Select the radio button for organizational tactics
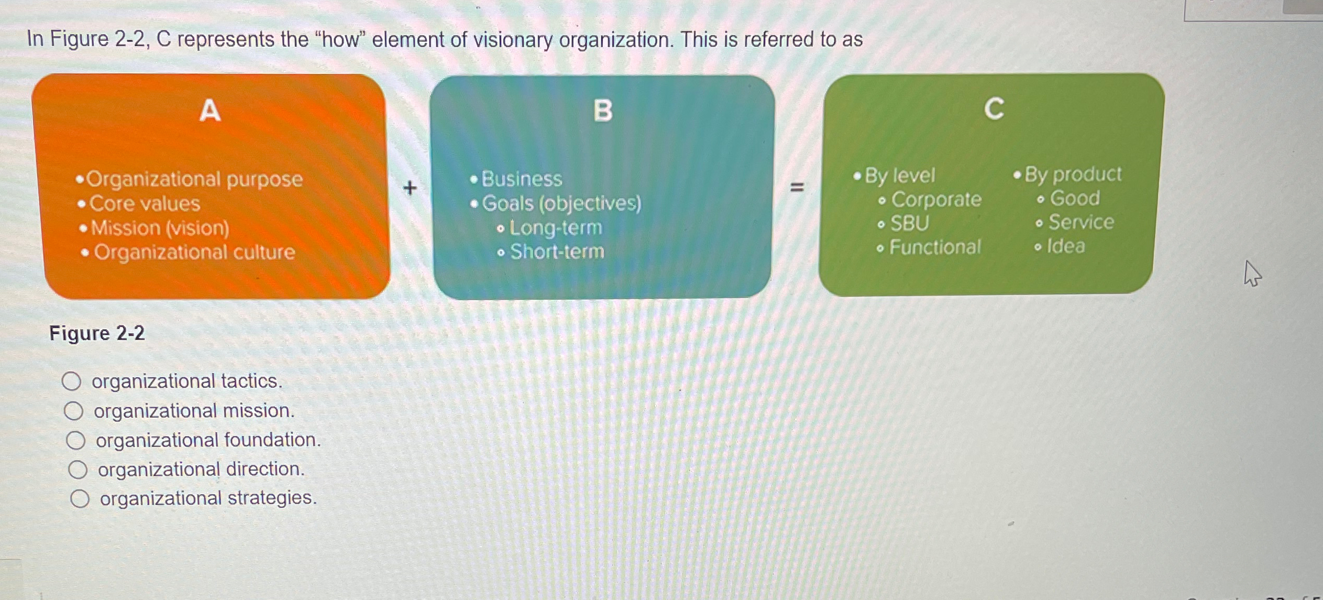(71, 381)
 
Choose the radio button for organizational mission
(73, 411)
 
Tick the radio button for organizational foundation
(75, 440)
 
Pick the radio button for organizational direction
(78, 470)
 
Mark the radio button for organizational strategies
(80, 498)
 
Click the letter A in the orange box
(210, 111)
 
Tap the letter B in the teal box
(603, 111)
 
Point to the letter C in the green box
(994, 109)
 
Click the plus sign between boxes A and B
(410, 188)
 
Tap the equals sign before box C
(797, 187)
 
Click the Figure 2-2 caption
(97, 333)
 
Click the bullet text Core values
(145, 203)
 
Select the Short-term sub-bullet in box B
(557, 252)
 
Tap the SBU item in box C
(910, 224)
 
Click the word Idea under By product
(1065, 246)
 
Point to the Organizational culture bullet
(194, 253)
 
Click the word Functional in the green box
(935, 247)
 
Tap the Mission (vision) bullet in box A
(160, 228)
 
